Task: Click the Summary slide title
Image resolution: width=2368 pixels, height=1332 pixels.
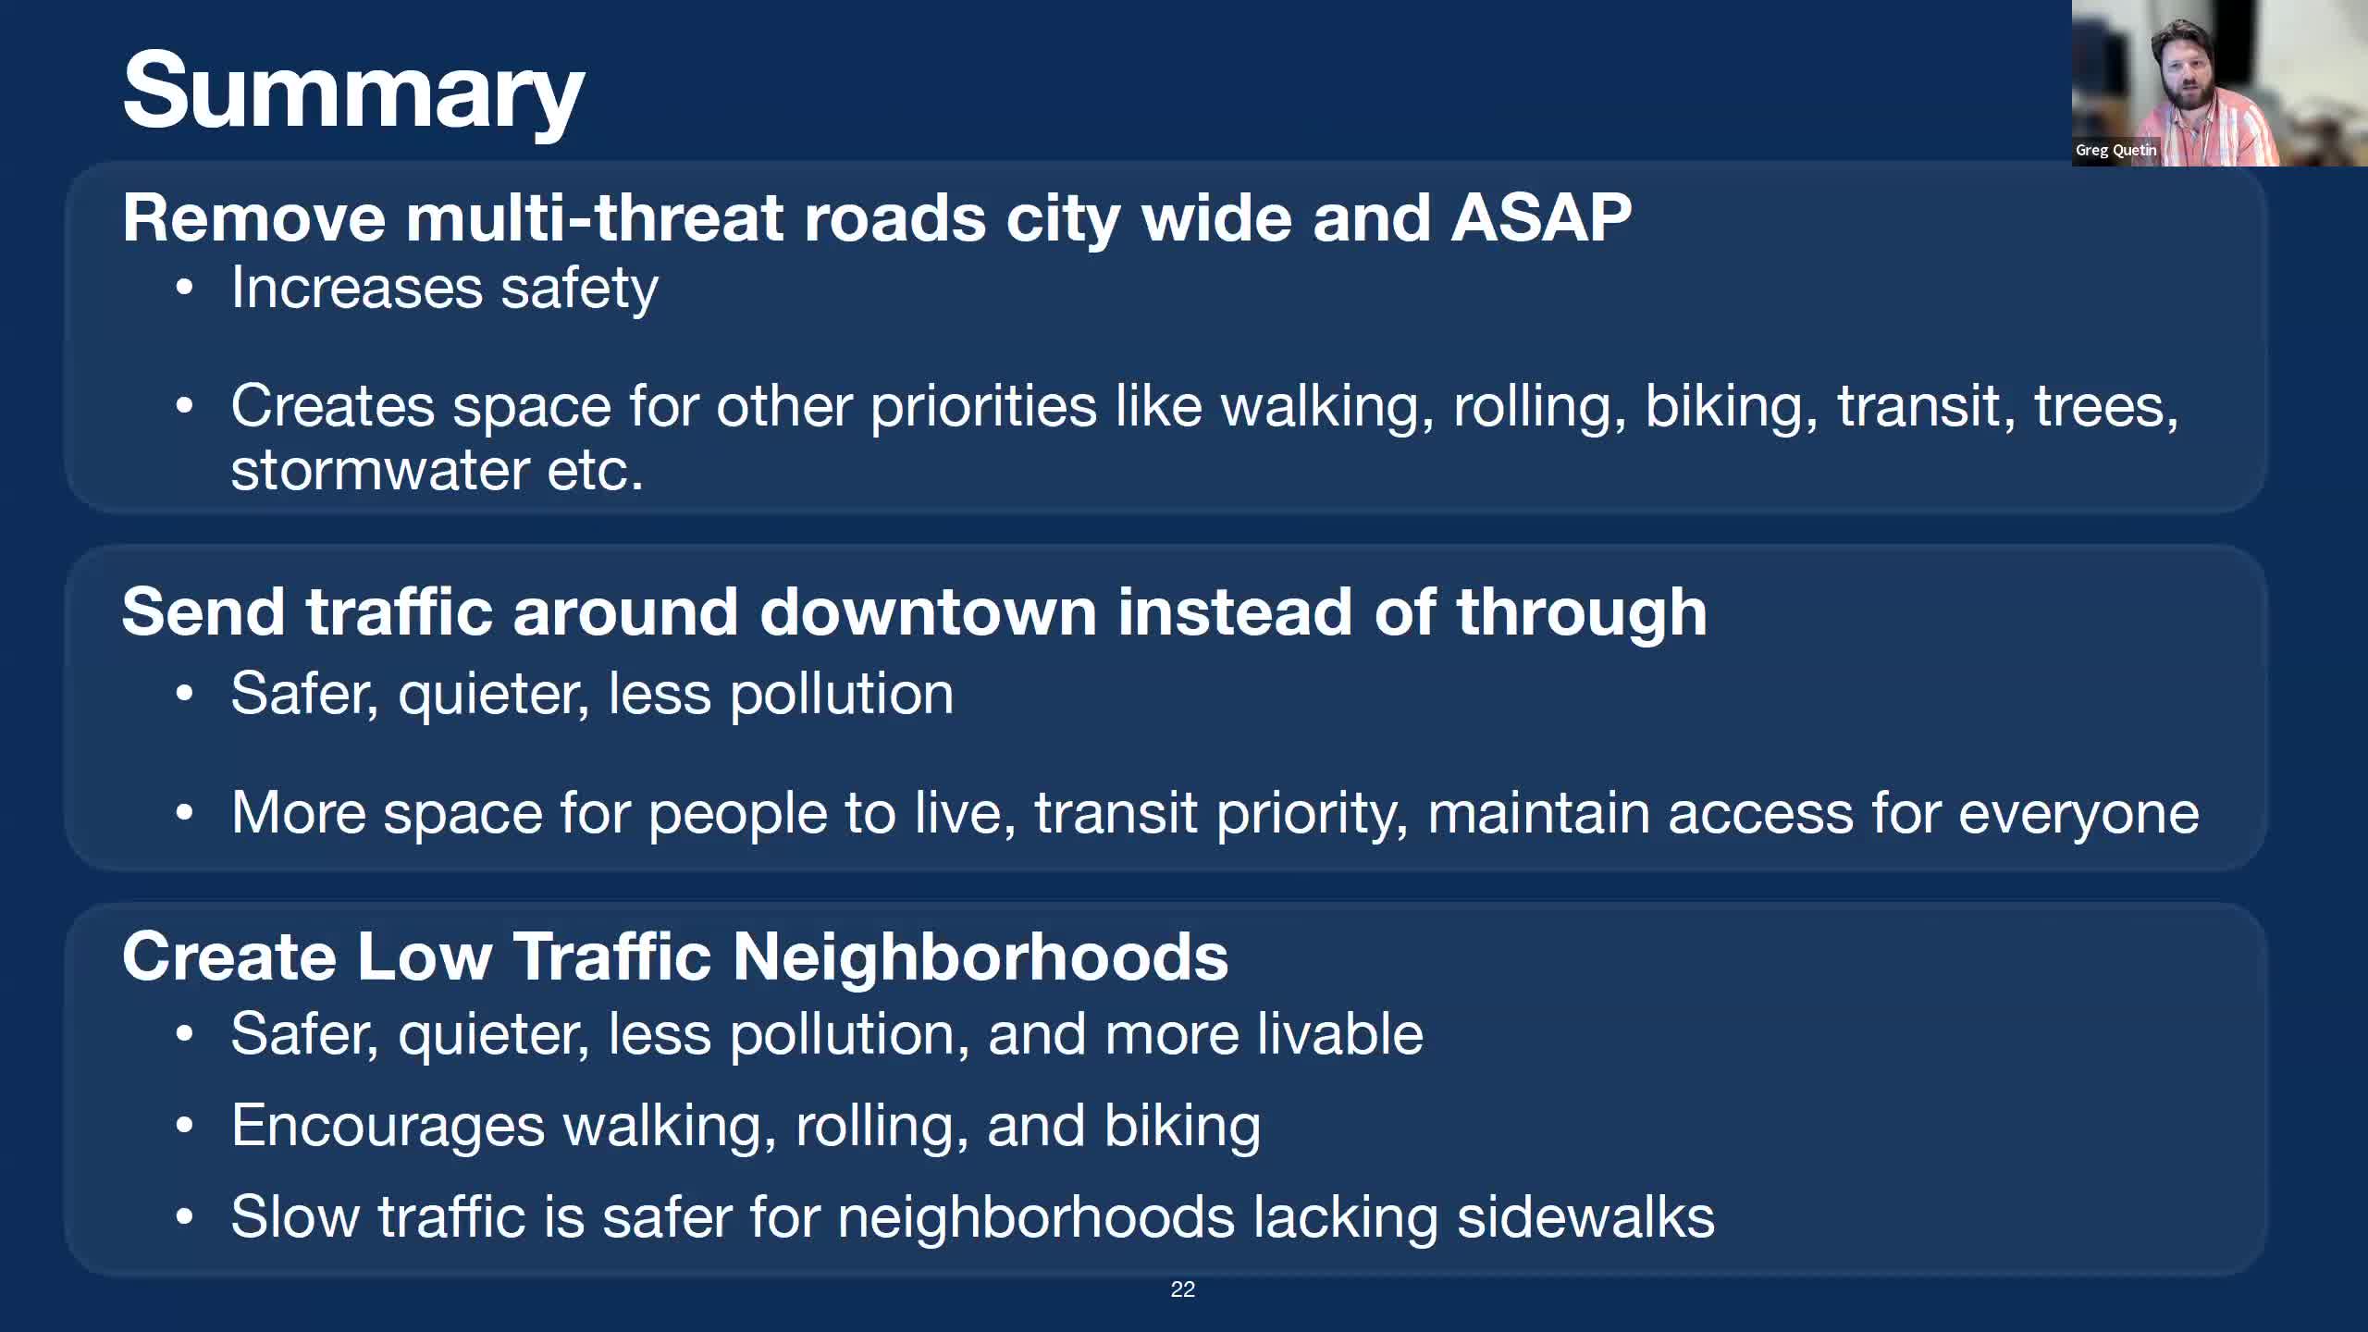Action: pyautogui.click(x=352, y=92)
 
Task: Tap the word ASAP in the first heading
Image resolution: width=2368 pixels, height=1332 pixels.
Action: pyautogui.click(x=1540, y=218)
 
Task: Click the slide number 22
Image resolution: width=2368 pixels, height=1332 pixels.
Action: pyautogui.click(x=1182, y=1289)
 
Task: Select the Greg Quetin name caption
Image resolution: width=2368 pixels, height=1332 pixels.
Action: pyautogui.click(x=2115, y=150)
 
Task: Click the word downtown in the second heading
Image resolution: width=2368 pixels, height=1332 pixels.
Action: pyautogui.click(x=928, y=612)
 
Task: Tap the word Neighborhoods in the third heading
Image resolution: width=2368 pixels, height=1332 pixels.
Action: pyautogui.click(x=980, y=956)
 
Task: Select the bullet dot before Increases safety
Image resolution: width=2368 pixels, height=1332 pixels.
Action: pyautogui.click(x=185, y=288)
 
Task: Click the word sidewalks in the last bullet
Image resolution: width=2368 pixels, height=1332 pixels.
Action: pyautogui.click(x=1585, y=1217)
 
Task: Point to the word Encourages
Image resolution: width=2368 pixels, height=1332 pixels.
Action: pyautogui.click(x=388, y=1127)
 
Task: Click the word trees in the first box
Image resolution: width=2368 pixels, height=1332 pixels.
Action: pyautogui.click(x=2105, y=407)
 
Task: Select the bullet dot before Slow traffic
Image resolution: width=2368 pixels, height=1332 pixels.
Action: pyautogui.click(x=185, y=1217)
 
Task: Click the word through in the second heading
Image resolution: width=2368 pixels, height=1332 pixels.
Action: pyautogui.click(x=1581, y=612)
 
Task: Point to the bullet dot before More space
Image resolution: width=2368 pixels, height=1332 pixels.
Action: pyautogui.click(x=185, y=814)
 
